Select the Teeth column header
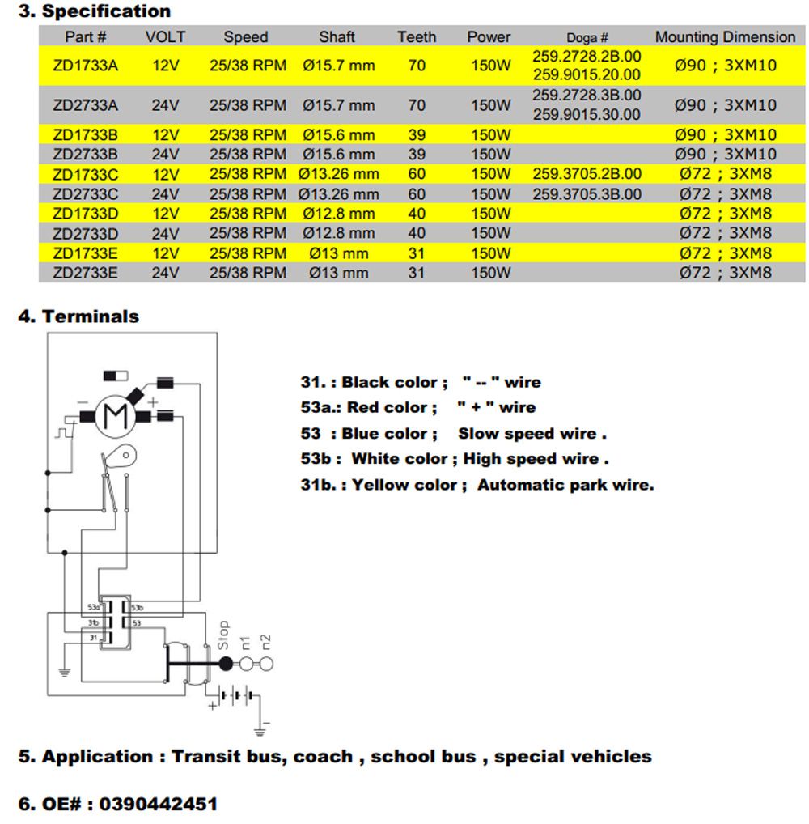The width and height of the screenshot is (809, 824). [x=417, y=37]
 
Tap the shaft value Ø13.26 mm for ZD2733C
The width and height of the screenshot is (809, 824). [x=338, y=194]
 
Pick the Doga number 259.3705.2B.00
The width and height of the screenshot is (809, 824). [x=587, y=174]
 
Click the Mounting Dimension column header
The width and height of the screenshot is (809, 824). [x=725, y=37]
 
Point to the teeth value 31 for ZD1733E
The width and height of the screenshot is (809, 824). [x=417, y=253]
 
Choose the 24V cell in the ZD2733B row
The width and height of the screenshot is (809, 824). [x=165, y=154]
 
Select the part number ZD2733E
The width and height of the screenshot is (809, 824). [x=85, y=273]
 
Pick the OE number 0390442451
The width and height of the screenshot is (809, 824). [x=163, y=804]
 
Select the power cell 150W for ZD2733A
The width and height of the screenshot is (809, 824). [x=491, y=105]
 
